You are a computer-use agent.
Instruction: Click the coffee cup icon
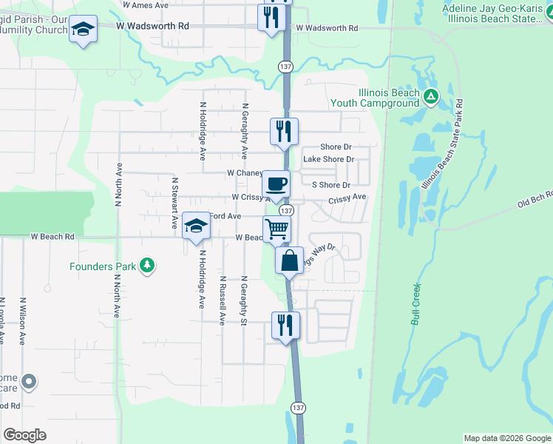click(x=276, y=184)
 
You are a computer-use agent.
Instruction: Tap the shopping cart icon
click(x=276, y=229)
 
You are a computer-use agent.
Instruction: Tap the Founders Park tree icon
click(x=148, y=265)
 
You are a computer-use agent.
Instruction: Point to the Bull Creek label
click(x=413, y=301)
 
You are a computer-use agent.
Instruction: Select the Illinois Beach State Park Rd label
click(x=441, y=143)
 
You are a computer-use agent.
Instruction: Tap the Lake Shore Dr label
click(x=329, y=159)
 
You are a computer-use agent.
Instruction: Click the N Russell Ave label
click(x=222, y=301)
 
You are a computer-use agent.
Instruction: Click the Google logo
click(x=24, y=434)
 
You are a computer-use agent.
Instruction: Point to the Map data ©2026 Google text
click(x=507, y=438)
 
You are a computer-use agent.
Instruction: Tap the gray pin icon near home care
click(x=29, y=382)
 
